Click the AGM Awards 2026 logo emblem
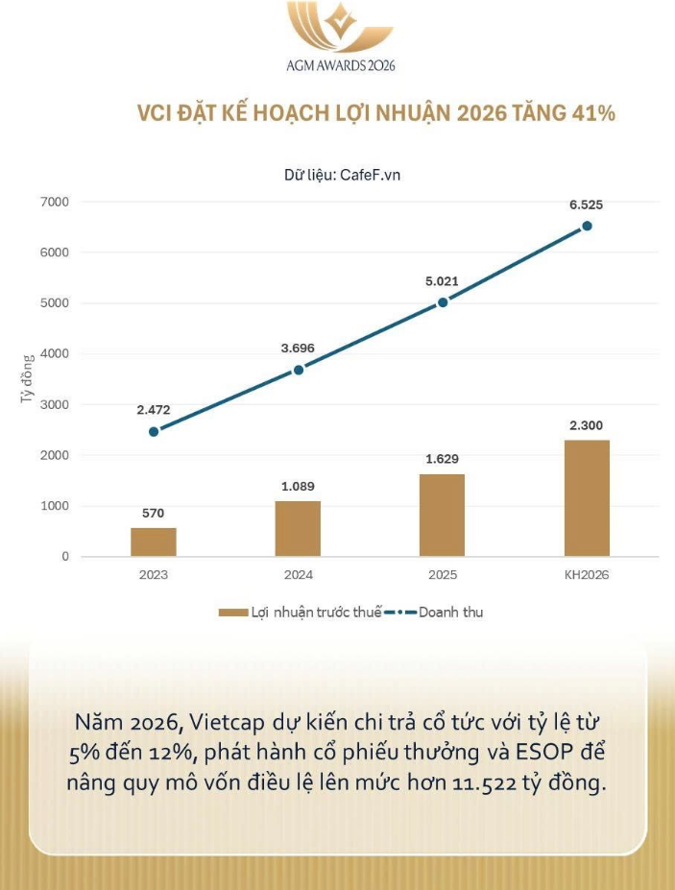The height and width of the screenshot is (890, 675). click(340, 27)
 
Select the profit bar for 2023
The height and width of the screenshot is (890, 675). click(154, 541)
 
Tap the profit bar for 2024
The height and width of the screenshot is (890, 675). click(298, 528)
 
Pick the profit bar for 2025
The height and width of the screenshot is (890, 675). click(442, 515)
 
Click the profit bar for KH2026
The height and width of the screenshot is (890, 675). click(587, 497)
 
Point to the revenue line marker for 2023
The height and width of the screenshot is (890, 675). click(154, 431)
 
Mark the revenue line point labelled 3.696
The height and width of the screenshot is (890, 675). click(298, 370)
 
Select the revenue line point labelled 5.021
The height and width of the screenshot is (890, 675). click(443, 302)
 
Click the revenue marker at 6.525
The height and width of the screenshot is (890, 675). click(587, 226)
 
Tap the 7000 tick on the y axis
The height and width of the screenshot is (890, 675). click(56, 202)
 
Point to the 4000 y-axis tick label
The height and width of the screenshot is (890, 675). click(56, 353)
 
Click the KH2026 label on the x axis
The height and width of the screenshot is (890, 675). click(587, 575)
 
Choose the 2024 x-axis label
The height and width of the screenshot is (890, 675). click(298, 575)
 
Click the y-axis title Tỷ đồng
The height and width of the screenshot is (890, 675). click(28, 378)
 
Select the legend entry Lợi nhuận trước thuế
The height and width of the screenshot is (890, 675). click(315, 613)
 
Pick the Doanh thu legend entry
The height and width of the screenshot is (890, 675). click(449, 613)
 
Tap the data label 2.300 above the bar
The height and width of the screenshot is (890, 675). click(587, 425)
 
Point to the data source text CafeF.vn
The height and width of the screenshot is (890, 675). click(371, 176)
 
